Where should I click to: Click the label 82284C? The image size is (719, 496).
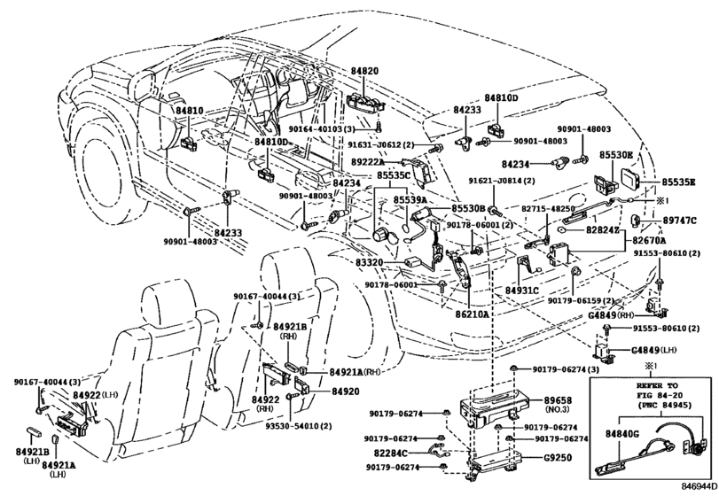coord(391,453)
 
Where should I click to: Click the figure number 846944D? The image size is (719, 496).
coord(697,487)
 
